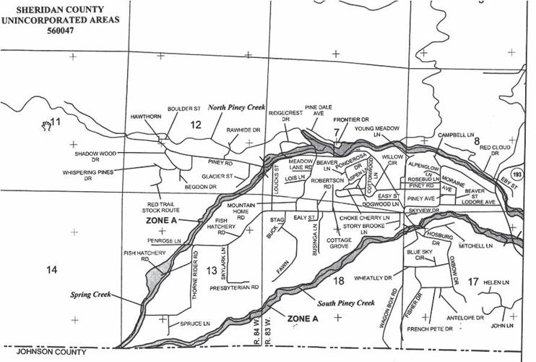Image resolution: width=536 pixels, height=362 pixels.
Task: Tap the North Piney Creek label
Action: [x=237, y=106]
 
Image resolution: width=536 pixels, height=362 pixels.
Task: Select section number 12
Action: [x=194, y=126]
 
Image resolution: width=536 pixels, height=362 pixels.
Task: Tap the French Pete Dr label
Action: [x=429, y=329]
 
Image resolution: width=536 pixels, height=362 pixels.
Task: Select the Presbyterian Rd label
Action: [x=234, y=287]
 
